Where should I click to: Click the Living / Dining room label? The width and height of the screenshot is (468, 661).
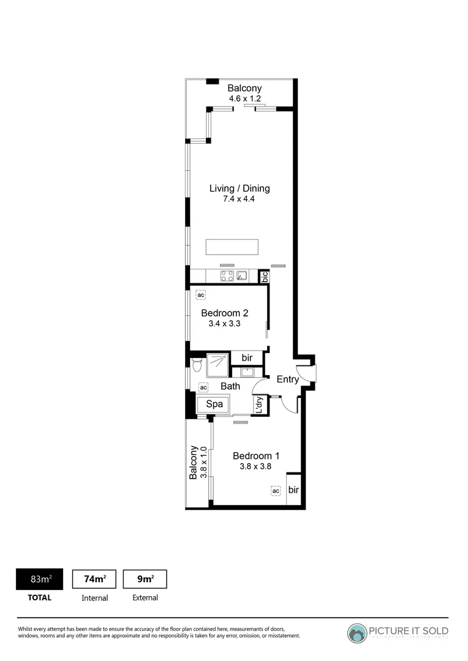pos(240,189)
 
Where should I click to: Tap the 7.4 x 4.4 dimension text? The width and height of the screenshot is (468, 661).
pos(240,200)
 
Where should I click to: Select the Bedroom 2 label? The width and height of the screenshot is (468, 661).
pos(225,313)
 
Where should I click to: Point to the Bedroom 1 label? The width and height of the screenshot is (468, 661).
pos(256,455)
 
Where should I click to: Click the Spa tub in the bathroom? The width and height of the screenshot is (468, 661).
pos(213,404)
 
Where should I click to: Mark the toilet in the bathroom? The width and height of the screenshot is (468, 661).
pos(197,365)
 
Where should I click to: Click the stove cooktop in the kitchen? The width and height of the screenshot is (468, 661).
pos(227,276)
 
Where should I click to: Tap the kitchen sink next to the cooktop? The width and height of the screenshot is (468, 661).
pos(243,276)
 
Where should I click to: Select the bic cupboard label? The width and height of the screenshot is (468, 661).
pos(265,277)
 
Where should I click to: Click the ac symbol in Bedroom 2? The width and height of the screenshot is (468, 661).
pos(200,295)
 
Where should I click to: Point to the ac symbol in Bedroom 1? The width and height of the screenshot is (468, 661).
pos(276,490)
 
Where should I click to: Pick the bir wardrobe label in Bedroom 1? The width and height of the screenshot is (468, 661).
pos(293,490)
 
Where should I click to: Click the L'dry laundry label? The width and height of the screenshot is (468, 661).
pos(259,405)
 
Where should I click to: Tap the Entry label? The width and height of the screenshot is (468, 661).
pos(288,379)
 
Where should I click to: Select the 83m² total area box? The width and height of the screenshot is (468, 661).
pos(40,579)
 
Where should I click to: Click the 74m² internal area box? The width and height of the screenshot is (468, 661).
pos(94,579)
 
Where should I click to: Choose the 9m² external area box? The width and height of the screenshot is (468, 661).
pos(145,579)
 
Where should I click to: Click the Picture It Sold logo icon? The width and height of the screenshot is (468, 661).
pos(357,632)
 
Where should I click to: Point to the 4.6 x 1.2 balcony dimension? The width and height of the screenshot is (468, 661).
pos(244,98)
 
